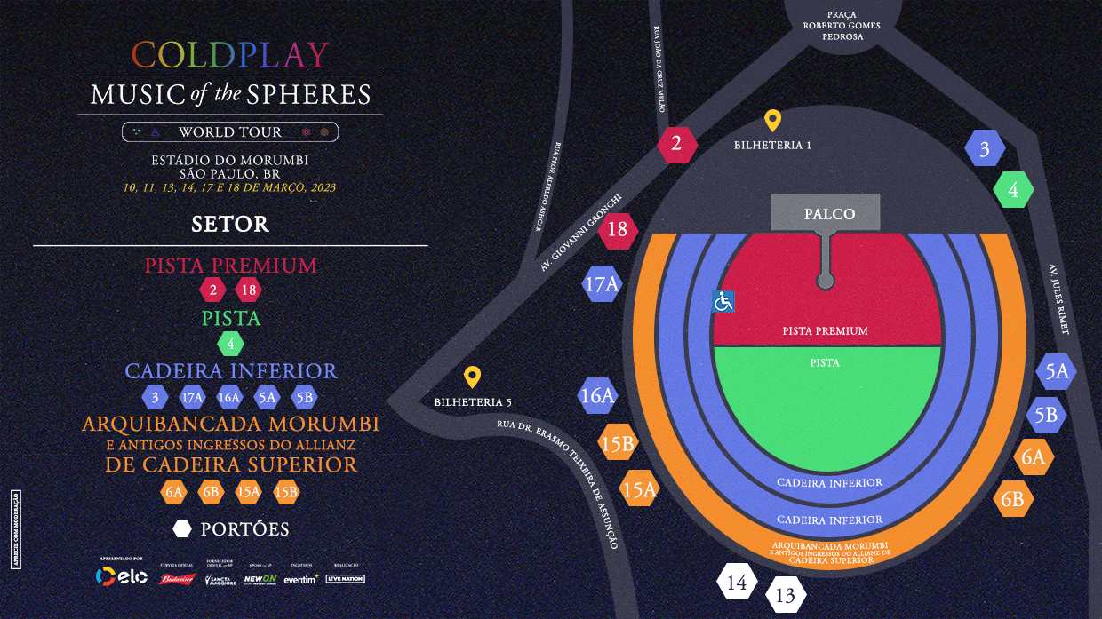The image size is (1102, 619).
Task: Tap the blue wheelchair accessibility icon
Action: [x=723, y=302]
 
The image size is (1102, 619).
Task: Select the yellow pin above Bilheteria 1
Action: [x=772, y=121]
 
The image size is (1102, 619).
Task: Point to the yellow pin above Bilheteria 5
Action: [x=472, y=377]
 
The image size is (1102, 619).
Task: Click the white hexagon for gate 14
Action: [x=737, y=583]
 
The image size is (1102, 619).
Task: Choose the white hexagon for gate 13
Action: [x=786, y=596]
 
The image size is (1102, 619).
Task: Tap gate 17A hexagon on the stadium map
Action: [x=602, y=284]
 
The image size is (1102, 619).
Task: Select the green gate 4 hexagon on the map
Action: [x=1013, y=190]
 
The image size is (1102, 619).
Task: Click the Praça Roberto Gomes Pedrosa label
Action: [x=841, y=26]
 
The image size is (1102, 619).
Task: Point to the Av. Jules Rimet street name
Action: [x=1058, y=298]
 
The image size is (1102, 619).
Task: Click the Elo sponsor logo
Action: [x=121, y=577]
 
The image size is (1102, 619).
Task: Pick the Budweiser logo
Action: [x=176, y=579]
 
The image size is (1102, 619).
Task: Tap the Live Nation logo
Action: [x=345, y=579]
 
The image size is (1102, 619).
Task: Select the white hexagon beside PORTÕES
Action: [x=182, y=529]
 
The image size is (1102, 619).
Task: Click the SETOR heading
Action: [x=230, y=224]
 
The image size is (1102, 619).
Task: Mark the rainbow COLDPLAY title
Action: [x=230, y=55]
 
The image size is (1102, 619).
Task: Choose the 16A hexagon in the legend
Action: [x=229, y=397]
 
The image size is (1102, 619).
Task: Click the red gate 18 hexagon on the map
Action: [x=617, y=230]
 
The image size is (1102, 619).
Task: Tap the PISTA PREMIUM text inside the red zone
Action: [x=825, y=331]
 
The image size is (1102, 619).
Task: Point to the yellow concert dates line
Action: [x=230, y=187]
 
